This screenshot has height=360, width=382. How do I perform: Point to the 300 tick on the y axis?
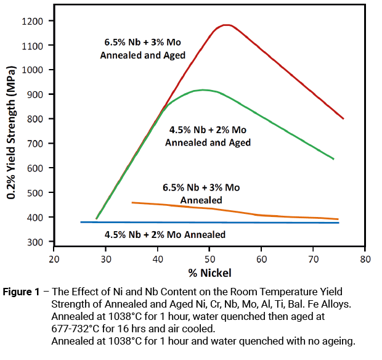[x=35, y=242]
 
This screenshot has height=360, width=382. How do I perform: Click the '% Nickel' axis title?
[x=209, y=272]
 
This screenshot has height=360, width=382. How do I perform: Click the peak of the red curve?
[x=227, y=25]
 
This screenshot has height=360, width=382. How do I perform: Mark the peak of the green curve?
[x=203, y=90]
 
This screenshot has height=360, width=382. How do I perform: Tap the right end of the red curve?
[x=343, y=118]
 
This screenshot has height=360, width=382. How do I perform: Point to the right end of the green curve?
[x=333, y=159]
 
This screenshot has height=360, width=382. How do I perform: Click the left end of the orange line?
[x=132, y=202]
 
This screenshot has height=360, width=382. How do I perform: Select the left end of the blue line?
[x=81, y=222]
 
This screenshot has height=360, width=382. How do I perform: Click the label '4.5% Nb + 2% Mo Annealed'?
[x=165, y=234]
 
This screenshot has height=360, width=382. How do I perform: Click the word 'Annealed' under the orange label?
[x=201, y=200]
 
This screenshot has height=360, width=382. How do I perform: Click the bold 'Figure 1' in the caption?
[x=25, y=291]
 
